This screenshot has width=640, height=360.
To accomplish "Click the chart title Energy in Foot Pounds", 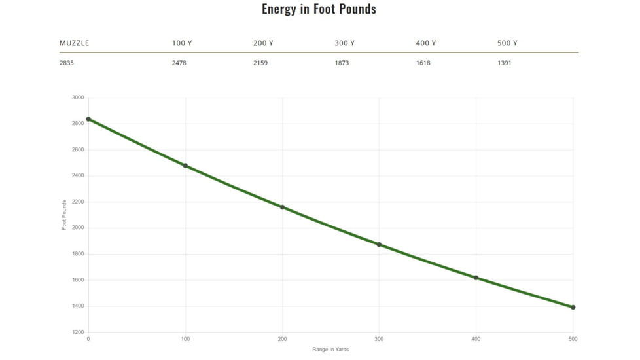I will [319, 9].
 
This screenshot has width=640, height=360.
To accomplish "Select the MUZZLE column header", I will [74, 43].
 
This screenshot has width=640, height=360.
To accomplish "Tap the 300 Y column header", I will [344, 43].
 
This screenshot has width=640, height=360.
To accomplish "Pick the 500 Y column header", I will [507, 43].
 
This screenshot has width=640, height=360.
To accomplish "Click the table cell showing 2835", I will [67, 63].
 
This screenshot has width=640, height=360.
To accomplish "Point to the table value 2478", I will [179, 63].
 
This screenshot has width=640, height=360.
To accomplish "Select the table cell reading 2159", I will [260, 63].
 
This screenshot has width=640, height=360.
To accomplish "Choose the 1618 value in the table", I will [423, 63].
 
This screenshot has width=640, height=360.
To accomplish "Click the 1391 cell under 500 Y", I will [505, 63].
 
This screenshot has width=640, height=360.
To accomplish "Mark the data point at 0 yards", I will [88, 119].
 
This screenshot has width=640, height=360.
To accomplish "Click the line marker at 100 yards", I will [185, 166].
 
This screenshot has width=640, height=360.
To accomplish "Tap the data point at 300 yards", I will [379, 244].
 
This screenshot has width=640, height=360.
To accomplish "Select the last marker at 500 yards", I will [573, 307].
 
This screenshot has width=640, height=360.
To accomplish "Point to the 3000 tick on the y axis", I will [78, 98].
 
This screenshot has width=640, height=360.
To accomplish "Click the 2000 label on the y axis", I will [78, 228].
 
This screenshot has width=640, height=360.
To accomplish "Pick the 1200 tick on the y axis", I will [78, 333].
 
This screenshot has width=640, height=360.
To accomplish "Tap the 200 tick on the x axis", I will [282, 339].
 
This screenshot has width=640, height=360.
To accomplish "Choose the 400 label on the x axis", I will [476, 339].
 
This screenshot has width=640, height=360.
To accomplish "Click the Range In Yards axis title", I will [330, 350].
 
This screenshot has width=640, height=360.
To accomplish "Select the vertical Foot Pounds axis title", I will [65, 215].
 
